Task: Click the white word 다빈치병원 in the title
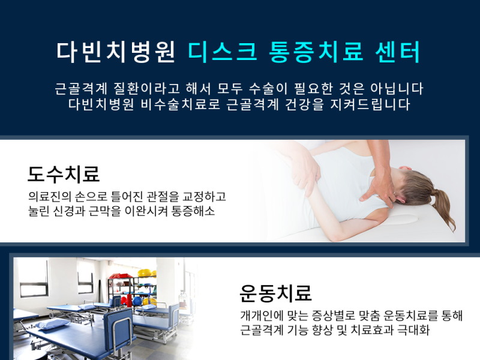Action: (116, 52)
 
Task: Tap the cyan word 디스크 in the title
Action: (223, 52)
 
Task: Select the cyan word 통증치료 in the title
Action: (316, 52)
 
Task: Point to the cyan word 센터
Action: (398, 52)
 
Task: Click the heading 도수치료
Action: (64, 174)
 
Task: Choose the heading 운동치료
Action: (275, 293)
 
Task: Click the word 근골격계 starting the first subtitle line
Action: (81, 88)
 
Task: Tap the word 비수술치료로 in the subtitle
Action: (181, 104)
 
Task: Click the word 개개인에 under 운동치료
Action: (261, 316)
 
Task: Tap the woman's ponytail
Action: (445, 208)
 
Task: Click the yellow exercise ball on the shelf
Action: (145, 272)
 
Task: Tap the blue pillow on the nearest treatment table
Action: (53, 323)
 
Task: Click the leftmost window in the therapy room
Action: (34, 278)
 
